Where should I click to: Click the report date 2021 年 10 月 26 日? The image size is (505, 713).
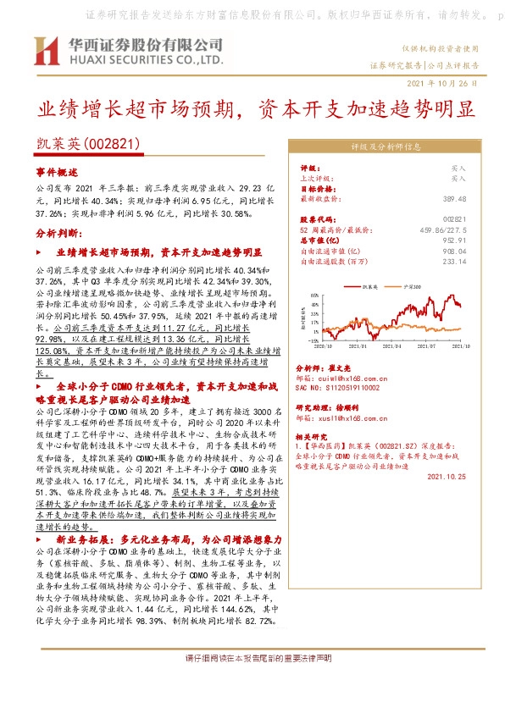point(443,83)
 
